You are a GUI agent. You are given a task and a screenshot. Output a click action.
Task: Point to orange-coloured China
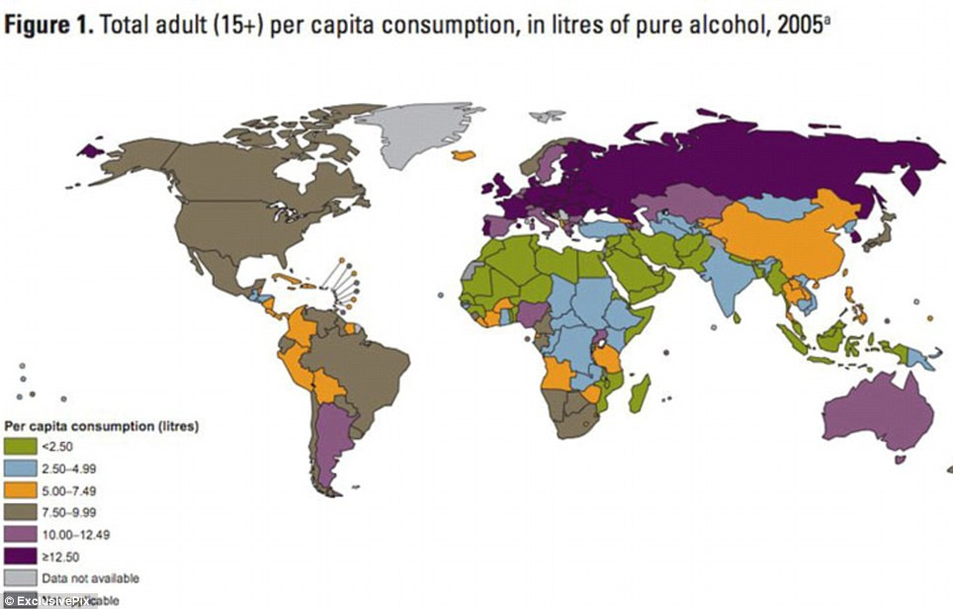coord(781,242)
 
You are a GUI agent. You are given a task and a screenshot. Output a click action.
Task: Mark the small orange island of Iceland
coord(463,155)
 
